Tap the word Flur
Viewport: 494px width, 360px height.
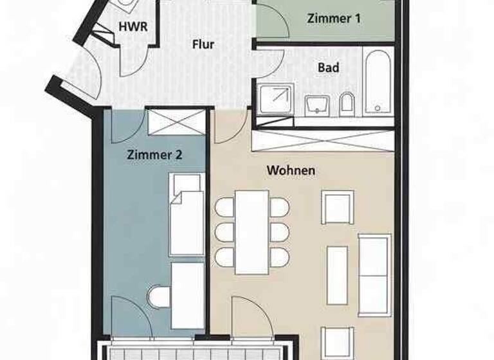pyautogui.click(x=203, y=45)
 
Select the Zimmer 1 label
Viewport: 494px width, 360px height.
pyautogui.click(x=333, y=19)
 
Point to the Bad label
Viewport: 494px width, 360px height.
pyautogui.click(x=328, y=67)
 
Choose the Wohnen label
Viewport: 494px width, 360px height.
pyautogui.click(x=291, y=170)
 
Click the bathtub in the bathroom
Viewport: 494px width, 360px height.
pyautogui.click(x=377, y=82)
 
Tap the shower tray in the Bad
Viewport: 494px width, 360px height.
pyautogui.click(x=275, y=100)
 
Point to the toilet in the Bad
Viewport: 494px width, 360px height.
pyautogui.click(x=347, y=104)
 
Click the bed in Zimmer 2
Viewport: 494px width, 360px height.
pyautogui.click(x=187, y=215)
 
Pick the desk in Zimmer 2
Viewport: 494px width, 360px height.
pyautogui.click(x=187, y=295)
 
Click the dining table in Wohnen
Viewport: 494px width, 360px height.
pyautogui.click(x=252, y=231)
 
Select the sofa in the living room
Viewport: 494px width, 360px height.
pyautogui.click(x=374, y=275)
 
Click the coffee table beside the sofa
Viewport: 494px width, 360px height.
pyautogui.click(x=337, y=275)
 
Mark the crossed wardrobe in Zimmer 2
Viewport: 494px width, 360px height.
pyautogui.click(x=176, y=122)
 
